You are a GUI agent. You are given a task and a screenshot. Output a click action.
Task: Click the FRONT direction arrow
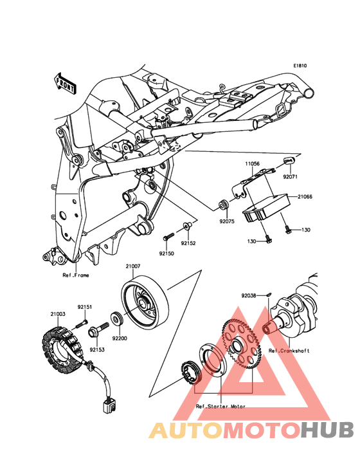(x=65, y=83)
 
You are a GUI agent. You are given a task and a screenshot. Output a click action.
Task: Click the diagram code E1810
(x=300, y=66)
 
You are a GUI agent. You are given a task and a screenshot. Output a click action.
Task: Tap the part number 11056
(x=252, y=163)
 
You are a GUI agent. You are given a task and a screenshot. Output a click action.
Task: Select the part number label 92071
(x=290, y=176)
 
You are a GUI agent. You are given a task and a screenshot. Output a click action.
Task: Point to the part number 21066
(x=305, y=197)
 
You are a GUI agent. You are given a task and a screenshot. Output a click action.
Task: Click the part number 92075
(x=227, y=221)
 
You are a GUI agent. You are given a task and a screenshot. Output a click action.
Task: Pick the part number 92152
(x=188, y=243)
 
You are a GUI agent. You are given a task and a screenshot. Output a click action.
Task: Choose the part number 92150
(x=166, y=254)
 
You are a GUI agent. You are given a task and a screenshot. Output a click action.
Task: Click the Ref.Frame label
(x=76, y=275)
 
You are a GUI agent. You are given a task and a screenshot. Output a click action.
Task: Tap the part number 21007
(x=133, y=266)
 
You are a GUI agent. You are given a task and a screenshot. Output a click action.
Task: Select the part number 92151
(x=85, y=307)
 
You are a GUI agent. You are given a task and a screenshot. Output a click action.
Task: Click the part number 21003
(x=58, y=314)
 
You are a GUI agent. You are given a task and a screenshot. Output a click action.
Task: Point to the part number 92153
(x=97, y=349)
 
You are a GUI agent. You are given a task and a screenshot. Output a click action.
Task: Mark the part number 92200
(x=120, y=338)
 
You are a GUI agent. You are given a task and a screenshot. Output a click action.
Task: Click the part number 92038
(x=249, y=295)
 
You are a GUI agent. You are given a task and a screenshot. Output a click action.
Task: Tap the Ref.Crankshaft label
(x=289, y=351)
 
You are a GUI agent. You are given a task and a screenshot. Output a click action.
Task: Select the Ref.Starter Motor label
(x=221, y=407)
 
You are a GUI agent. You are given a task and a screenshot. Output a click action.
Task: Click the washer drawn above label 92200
(x=117, y=319)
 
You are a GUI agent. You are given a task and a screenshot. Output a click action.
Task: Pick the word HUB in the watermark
(x=328, y=430)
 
